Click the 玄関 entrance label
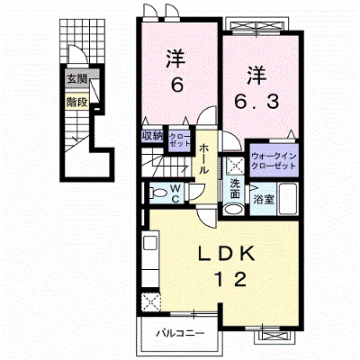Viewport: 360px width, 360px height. point(76,79)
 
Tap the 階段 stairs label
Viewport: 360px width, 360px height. point(76,103)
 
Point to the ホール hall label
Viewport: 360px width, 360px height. point(203,159)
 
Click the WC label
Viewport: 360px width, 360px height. point(175,193)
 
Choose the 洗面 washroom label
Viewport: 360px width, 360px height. point(235,189)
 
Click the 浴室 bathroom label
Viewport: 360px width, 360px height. point(264,199)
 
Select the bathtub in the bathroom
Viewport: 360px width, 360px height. point(288,199)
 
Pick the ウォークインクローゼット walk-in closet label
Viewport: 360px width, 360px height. point(274,161)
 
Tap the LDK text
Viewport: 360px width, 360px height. point(227,255)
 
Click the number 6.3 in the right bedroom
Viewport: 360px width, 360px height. point(256,102)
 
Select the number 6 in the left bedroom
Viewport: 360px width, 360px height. point(177,85)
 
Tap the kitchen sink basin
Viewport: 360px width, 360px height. point(149,242)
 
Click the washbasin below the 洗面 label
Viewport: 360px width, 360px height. point(234,209)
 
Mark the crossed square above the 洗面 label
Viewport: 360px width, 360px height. point(235,166)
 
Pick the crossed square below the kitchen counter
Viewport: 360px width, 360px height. point(151,302)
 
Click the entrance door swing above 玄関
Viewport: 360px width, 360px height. point(77,54)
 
